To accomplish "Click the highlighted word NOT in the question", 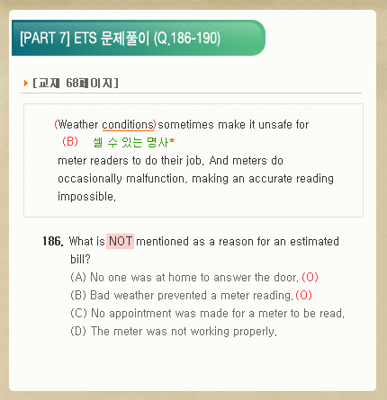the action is (x=120, y=241).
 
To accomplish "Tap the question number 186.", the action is (x=53, y=241).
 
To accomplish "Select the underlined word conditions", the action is (x=128, y=125).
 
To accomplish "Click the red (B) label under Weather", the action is (x=70, y=141).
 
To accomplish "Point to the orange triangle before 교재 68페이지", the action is (x=26, y=83).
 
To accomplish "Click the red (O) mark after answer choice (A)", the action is (x=310, y=278).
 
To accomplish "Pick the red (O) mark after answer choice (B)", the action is (x=303, y=296).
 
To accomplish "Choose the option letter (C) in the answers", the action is (x=78, y=314).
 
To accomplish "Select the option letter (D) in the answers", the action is (x=78, y=332).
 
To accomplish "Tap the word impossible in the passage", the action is (x=86, y=197).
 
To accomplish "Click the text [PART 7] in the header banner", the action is (x=45, y=39).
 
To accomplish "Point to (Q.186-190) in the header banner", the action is (x=187, y=39).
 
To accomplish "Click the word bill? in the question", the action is (x=80, y=259).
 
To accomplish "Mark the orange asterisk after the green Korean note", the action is (x=172, y=140).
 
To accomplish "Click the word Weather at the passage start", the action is (x=78, y=125).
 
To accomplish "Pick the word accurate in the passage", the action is (x=270, y=179).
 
